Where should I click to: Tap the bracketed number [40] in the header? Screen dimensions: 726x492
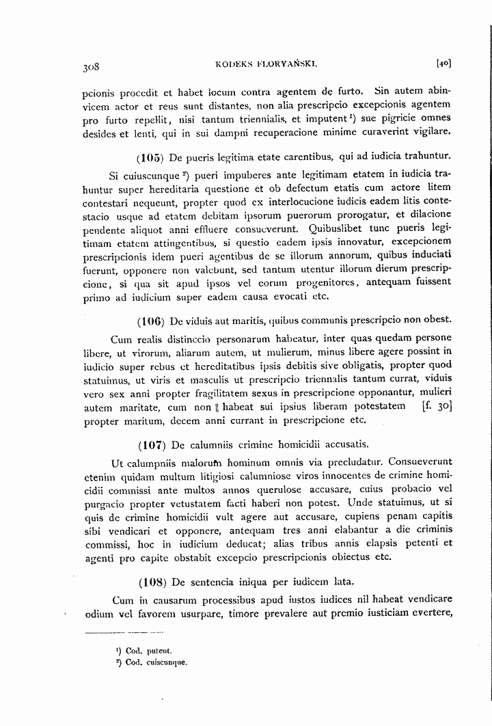pos(443,64)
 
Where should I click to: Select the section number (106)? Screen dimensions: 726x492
pos(150,321)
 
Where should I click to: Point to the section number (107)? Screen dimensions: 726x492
pos(150,446)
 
